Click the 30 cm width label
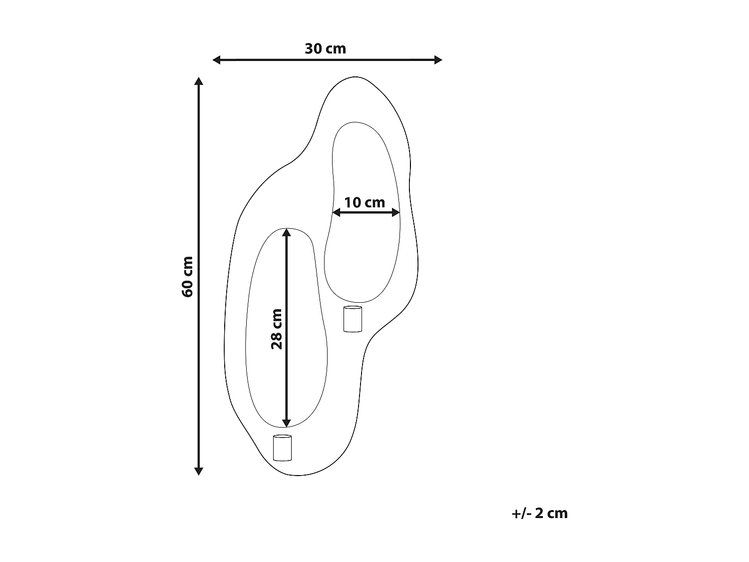pos(325,49)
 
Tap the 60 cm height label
pos(188,277)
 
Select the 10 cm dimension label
pos(365,202)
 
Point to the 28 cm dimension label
pos(277,329)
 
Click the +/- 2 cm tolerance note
pos(540,514)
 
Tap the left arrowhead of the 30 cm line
pos(217,60)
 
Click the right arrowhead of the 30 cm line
pos(438,60)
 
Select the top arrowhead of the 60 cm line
pos(199,81)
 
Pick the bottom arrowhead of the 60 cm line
pos(199,471)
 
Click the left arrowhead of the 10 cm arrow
pos(336,213)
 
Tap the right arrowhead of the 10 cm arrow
pos(396,213)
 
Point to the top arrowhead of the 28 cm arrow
pos(286,232)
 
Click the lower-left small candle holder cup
pos(282,448)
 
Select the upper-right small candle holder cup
pos(353,319)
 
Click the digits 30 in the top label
pos(313,49)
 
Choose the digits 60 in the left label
pos(188,289)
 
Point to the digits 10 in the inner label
pos(353,202)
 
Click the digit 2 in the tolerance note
pos(539,514)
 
